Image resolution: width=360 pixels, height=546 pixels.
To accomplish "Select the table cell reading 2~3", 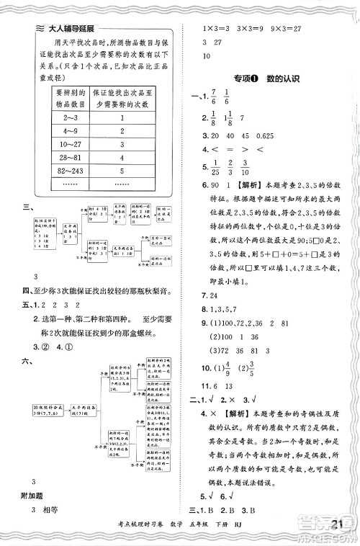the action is coord(71,117).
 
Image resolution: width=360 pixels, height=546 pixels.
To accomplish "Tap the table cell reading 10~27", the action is coord(71,144).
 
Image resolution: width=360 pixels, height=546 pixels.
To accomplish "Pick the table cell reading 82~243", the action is coord(71,171).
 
